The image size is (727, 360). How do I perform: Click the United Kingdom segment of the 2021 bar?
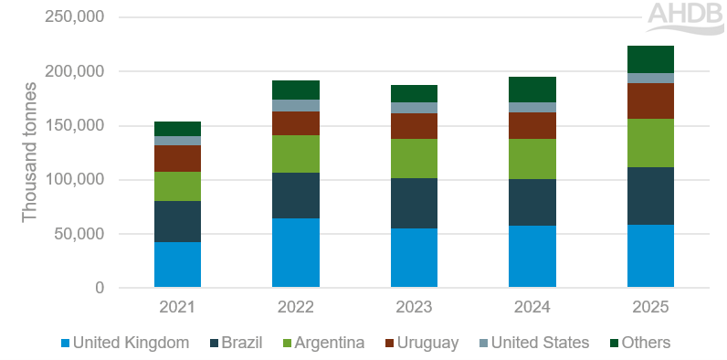[x=177, y=265]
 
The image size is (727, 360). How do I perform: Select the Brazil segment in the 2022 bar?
[x=296, y=196]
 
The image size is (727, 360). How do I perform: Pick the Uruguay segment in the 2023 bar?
[x=414, y=126]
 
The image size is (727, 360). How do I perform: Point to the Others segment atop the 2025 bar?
[x=650, y=59]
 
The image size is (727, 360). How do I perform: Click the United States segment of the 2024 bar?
[x=532, y=107]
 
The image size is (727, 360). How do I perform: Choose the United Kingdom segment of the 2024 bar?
[x=532, y=257]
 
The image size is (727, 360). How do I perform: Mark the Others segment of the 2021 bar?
[x=177, y=129]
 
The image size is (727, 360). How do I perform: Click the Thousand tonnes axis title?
[x=30, y=154]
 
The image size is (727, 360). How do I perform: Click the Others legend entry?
[x=640, y=344]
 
